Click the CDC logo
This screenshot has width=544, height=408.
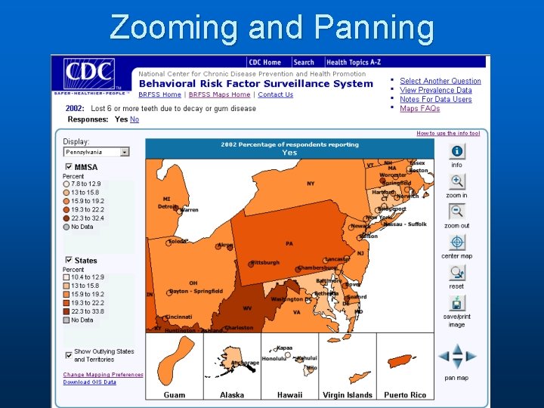click(89, 76)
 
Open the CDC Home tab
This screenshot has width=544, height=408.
click(264, 62)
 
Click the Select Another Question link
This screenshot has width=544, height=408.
click(440, 81)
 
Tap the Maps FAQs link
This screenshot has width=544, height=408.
click(419, 109)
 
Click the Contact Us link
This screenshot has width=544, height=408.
click(276, 94)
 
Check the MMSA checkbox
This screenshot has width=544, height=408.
click(68, 167)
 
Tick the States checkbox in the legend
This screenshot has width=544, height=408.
click(68, 260)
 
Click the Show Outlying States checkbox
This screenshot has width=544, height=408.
click(68, 353)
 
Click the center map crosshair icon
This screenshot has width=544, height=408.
click(456, 243)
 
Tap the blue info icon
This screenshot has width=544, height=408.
click(456, 151)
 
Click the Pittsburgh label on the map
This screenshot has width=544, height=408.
click(264, 263)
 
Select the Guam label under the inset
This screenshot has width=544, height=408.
click(175, 394)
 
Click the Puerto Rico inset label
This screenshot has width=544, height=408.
click(404, 394)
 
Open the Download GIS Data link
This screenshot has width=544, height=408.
click(89, 382)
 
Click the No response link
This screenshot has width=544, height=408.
click(134, 119)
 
